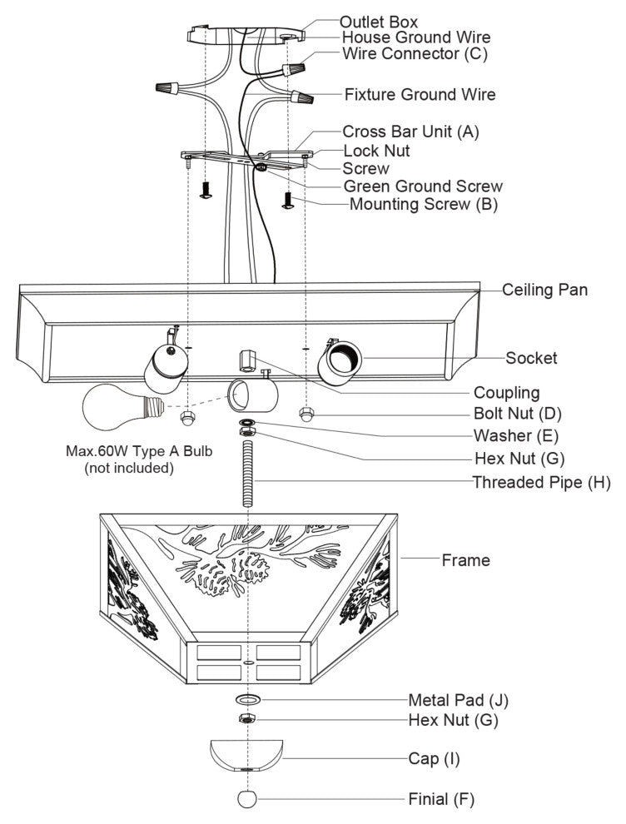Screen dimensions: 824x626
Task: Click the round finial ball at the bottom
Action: (x=248, y=799)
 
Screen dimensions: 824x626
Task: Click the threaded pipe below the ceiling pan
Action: (x=248, y=474)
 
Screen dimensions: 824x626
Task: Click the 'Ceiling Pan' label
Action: (x=545, y=290)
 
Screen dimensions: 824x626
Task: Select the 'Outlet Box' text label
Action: (x=379, y=21)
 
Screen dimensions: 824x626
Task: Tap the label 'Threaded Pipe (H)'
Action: (x=542, y=482)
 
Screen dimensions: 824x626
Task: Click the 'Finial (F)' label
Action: (x=441, y=799)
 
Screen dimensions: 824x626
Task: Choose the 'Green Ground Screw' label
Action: (x=423, y=186)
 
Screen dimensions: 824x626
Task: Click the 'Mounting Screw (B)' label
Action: (x=423, y=204)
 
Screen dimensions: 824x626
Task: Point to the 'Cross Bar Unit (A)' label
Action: (x=410, y=132)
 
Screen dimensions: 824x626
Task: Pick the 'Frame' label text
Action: (x=465, y=560)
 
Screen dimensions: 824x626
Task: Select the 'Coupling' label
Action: (x=506, y=392)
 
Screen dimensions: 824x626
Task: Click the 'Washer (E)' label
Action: (x=516, y=434)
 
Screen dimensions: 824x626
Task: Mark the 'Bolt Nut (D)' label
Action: (x=519, y=413)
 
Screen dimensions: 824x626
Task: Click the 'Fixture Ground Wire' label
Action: (x=420, y=94)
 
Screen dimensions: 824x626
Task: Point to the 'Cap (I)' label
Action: (x=434, y=759)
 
